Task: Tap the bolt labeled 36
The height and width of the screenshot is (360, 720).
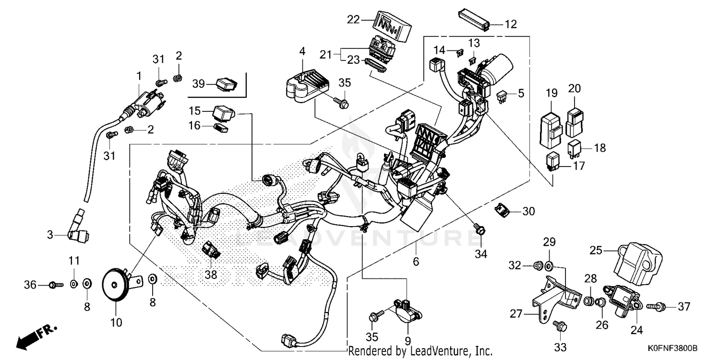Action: pos(56,285)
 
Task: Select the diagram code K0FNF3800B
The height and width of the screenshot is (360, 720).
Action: pos(674,347)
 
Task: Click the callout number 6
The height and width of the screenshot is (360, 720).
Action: pos(416,262)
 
